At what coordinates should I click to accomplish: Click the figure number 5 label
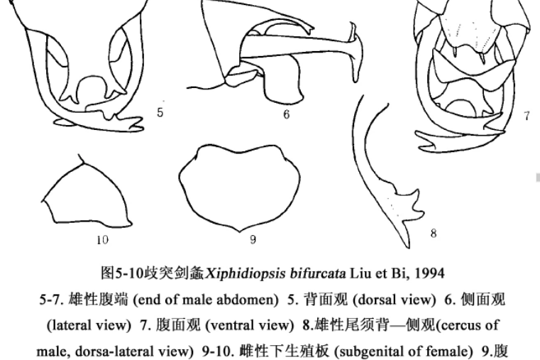coord(160,112)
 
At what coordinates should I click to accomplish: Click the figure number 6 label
coord(287,114)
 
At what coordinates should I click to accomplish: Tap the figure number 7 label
coord(527,116)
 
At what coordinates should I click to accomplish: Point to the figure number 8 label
coord(434,233)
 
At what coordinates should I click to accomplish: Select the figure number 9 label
coord(253,239)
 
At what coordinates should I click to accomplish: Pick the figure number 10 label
coord(103,239)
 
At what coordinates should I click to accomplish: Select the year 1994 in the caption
coord(429,273)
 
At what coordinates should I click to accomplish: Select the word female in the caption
coord(451,351)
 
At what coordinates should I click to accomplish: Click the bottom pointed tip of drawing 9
coord(241,232)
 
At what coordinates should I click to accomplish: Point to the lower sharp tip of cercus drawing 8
coord(409,247)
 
